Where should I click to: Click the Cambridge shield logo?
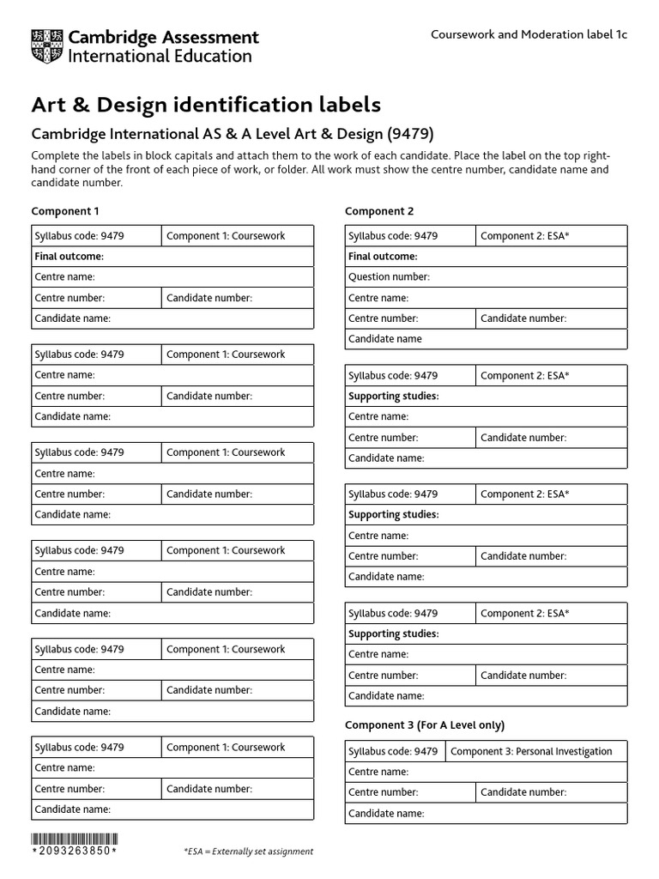click(x=46, y=46)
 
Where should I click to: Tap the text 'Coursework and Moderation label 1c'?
click(x=529, y=34)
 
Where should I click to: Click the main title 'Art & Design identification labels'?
click(x=206, y=105)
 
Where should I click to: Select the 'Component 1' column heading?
click(x=65, y=211)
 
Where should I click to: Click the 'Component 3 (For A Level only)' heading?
click(x=425, y=725)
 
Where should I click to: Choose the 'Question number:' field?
click(x=389, y=277)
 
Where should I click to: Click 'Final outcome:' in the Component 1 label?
click(x=69, y=257)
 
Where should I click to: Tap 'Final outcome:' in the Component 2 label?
click(x=383, y=257)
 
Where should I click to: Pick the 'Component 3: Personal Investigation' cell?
click(x=531, y=752)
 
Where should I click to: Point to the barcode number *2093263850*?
click(x=75, y=852)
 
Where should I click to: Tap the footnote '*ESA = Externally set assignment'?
click(x=248, y=852)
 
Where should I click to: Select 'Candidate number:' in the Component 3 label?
click(x=523, y=792)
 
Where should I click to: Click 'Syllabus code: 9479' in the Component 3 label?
click(x=393, y=752)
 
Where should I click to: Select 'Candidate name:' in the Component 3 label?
click(x=386, y=813)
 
